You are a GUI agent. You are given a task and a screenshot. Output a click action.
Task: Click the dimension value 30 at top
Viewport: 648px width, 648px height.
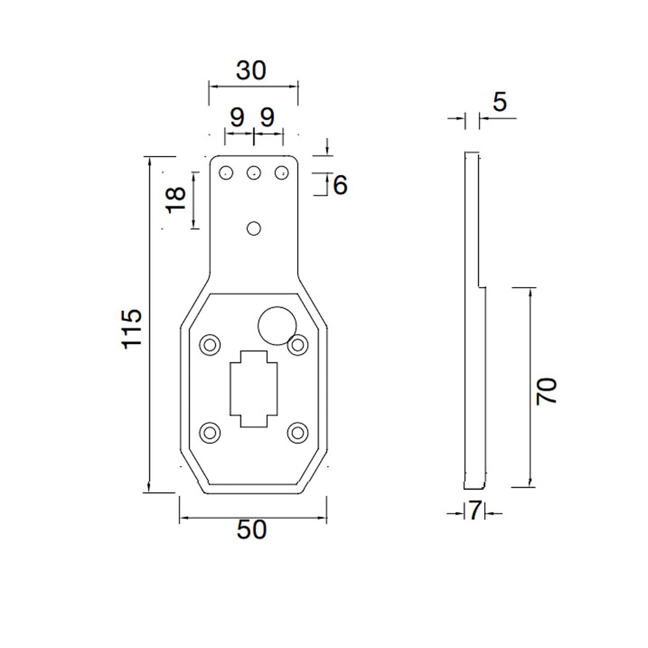pyautogui.click(x=251, y=71)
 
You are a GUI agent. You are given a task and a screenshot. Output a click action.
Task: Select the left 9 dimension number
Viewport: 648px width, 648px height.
pyautogui.click(x=237, y=117)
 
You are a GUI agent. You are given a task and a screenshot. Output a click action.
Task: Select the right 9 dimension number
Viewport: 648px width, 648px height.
pyautogui.click(x=267, y=117)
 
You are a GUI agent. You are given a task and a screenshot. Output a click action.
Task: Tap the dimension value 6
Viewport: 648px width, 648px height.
pyautogui.click(x=340, y=185)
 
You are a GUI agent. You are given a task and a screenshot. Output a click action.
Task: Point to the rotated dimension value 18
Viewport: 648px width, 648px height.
pyautogui.click(x=176, y=200)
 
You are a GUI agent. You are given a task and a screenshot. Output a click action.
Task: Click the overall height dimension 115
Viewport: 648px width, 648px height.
pyautogui.click(x=132, y=329)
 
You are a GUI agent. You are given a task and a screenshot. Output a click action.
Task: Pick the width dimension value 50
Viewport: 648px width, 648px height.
pyautogui.click(x=252, y=530)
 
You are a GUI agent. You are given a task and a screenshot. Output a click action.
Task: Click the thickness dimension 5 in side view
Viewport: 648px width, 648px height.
pyautogui.click(x=500, y=102)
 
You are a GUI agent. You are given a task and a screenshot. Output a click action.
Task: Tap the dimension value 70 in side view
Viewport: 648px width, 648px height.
pyautogui.click(x=547, y=391)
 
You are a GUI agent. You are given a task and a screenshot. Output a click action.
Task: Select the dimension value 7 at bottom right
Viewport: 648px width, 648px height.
pyautogui.click(x=475, y=511)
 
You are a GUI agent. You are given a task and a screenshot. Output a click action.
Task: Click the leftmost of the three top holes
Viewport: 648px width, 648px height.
pyautogui.click(x=226, y=172)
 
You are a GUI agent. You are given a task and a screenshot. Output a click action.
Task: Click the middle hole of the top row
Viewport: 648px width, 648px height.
pyautogui.click(x=254, y=172)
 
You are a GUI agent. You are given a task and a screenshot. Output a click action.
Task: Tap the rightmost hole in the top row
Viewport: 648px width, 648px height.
pyautogui.click(x=282, y=172)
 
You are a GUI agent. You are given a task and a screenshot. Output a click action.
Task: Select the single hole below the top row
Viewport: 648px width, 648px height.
pyautogui.click(x=254, y=229)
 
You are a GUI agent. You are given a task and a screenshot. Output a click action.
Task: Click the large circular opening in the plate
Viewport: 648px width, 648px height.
pyautogui.click(x=277, y=326)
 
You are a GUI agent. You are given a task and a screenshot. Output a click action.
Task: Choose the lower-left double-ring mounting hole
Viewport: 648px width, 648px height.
pyautogui.click(x=209, y=433)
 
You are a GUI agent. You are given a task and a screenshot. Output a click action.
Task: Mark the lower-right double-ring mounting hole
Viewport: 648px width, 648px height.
pyautogui.click(x=297, y=433)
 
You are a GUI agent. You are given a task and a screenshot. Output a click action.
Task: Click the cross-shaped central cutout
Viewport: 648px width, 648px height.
pyautogui.click(x=254, y=388)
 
